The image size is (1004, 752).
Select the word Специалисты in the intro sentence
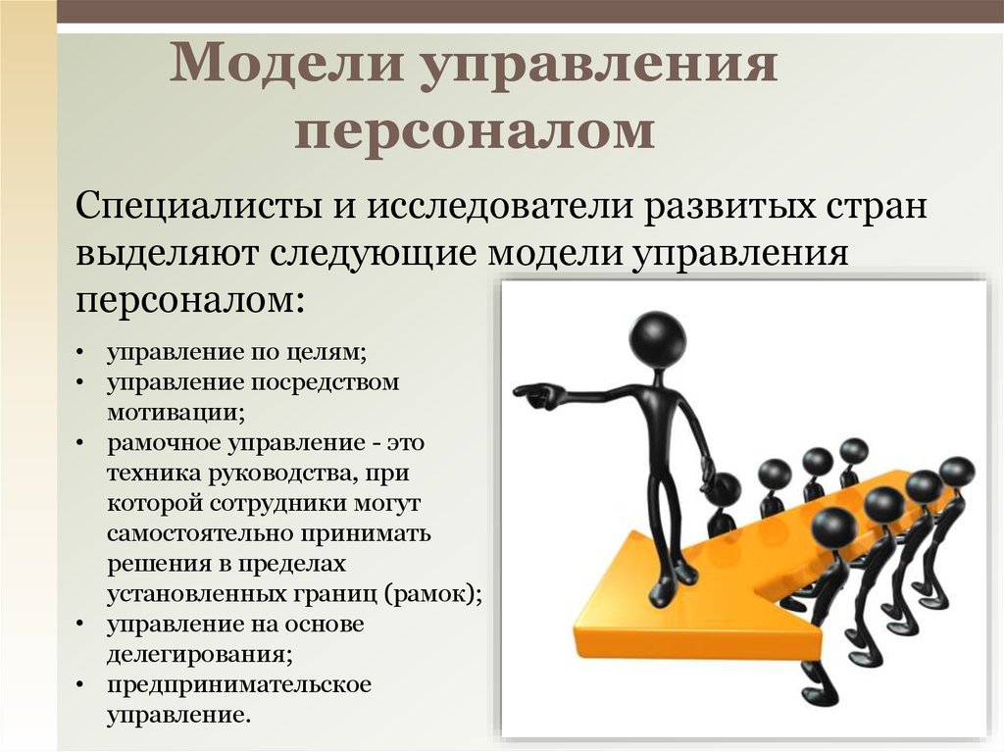202,209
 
